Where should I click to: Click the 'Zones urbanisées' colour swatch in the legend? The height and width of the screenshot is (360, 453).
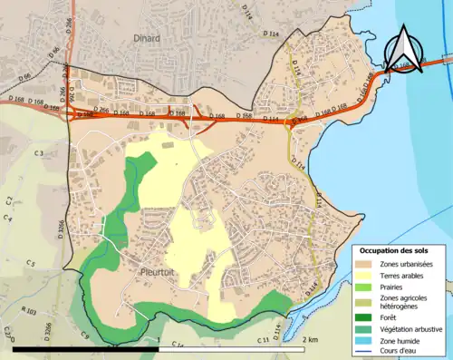click(362, 264)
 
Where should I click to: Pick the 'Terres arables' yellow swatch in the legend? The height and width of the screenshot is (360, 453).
click(362, 276)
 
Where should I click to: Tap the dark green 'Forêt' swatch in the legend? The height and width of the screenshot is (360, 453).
click(362, 316)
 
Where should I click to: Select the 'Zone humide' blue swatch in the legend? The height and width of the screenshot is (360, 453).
click(362, 340)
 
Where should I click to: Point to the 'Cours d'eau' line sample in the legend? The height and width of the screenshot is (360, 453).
click(362, 351)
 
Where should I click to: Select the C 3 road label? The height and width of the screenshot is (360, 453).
click(40, 155)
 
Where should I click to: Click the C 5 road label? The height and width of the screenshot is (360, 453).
click(30, 263)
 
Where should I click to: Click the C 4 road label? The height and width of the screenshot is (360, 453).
click(8, 218)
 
